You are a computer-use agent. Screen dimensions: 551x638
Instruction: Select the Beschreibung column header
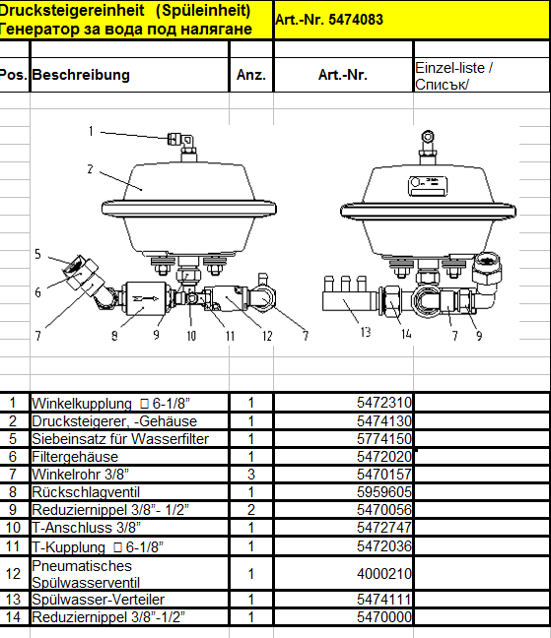coord(81,75)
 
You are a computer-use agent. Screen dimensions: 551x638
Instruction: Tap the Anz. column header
coord(251,75)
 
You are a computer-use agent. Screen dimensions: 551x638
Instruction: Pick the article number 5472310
coord(384,403)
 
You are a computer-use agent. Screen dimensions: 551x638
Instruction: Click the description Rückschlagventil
coord(86,492)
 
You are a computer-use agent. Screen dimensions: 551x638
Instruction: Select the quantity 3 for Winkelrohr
coord(251,475)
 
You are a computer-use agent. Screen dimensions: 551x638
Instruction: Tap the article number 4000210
coord(384,574)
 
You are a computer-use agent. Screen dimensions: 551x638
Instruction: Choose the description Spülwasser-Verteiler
coord(98,600)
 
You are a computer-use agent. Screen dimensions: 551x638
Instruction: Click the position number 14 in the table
coord(13,617)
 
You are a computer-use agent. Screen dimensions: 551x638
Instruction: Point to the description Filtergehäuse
coord(75,457)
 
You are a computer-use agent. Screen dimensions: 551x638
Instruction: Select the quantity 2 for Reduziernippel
coord(251,510)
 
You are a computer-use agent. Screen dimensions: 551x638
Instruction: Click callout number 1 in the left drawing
coord(91,131)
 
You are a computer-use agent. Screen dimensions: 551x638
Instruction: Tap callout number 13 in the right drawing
coord(366,333)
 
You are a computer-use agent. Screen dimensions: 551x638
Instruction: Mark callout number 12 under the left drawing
coord(267,336)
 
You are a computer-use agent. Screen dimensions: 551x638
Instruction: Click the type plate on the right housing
coord(428,185)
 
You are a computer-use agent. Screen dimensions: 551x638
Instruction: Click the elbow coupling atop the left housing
coord(181,141)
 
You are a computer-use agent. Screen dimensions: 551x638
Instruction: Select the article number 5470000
coord(384,617)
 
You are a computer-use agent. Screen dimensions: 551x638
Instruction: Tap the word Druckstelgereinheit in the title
coord(72,10)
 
